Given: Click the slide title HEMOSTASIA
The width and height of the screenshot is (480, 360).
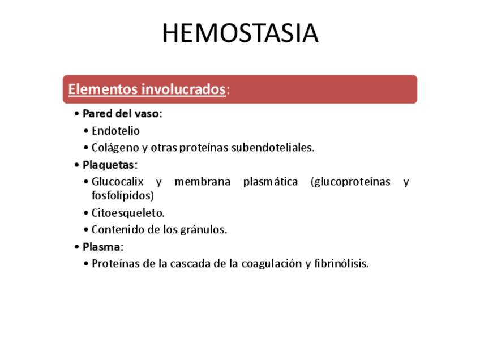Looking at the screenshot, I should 240,33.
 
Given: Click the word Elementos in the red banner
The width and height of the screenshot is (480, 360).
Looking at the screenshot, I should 102,89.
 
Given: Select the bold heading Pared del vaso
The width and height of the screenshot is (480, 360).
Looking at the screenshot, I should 122,114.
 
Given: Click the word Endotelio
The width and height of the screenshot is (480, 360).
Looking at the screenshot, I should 115,131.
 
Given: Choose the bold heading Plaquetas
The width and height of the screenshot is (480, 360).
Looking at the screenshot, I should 110,165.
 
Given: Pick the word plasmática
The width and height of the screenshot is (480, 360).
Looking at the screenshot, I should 270,182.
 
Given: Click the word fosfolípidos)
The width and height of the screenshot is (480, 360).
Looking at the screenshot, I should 122,195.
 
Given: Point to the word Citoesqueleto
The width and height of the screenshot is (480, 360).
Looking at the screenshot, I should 128,213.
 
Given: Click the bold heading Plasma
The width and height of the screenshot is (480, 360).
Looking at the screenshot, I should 102,247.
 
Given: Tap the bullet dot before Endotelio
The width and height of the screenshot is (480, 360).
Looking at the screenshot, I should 85,131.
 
